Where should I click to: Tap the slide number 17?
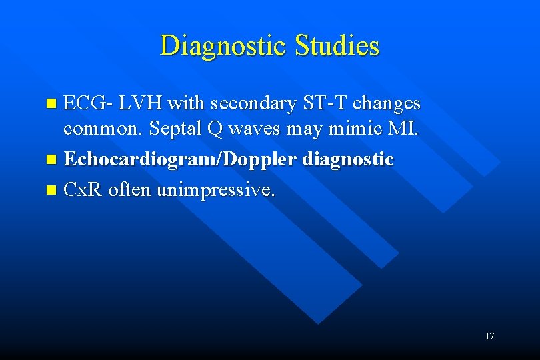pyautogui.click(x=490, y=336)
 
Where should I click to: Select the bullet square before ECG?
pyautogui.click(x=53, y=104)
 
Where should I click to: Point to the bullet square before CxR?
pyautogui.click(x=53, y=191)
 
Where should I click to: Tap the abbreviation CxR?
pyautogui.click(x=82, y=190)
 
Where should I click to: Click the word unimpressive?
pyautogui.click(x=215, y=191)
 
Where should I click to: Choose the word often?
pyautogui.click(x=130, y=190)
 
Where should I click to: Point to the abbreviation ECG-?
pyautogui.click(x=89, y=103)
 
